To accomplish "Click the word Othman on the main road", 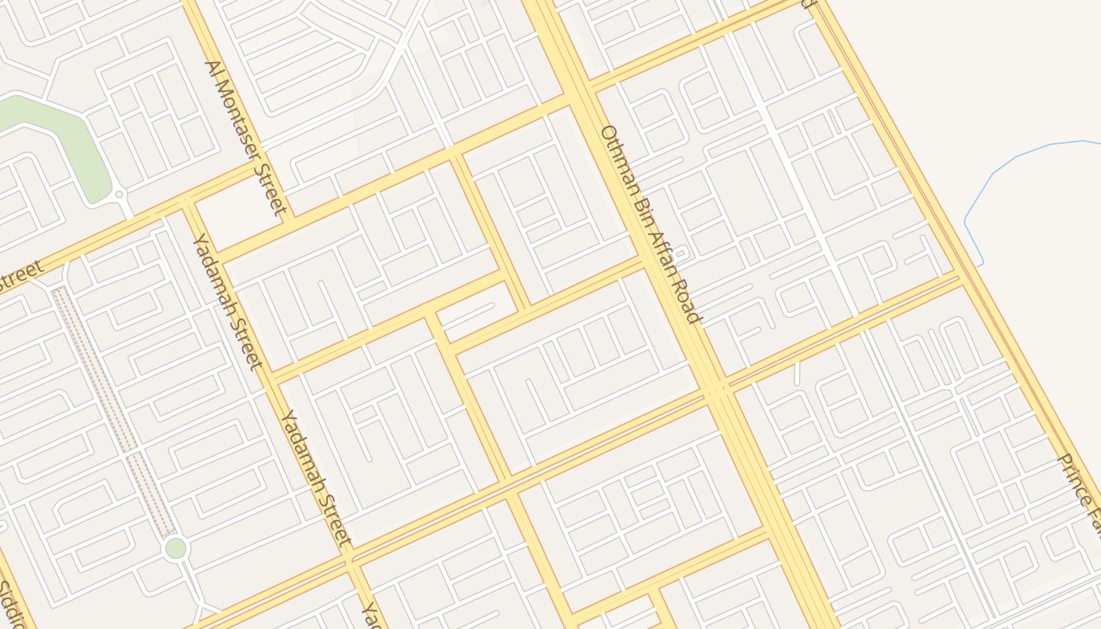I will point(617,157).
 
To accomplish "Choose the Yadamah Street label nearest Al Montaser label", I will point(226,300).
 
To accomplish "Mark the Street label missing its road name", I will point(20,278).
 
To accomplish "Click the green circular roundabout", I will point(175,548).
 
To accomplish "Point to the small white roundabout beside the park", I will point(120,193).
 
